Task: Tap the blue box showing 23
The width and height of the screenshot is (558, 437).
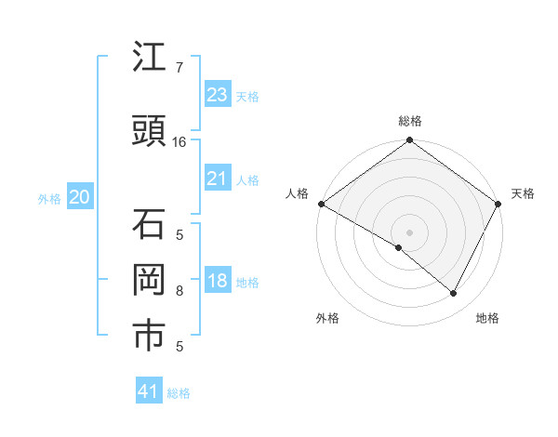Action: pyautogui.click(x=217, y=95)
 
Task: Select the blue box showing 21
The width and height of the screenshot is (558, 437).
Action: pyautogui.click(x=217, y=179)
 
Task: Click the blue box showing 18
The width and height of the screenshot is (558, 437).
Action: pyautogui.click(x=217, y=282)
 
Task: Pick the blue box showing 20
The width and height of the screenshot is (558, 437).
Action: pyautogui.click(x=80, y=197)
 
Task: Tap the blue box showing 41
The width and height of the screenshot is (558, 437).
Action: pyautogui.click(x=149, y=391)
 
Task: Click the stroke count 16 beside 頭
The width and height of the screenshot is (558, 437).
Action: pyautogui.click(x=179, y=142)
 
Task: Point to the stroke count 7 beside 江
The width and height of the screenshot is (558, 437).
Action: pyautogui.click(x=179, y=68)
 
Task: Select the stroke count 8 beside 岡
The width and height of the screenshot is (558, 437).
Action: pyautogui.click(x=179, y=291)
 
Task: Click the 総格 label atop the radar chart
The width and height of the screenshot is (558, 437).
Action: pyautogui.click(x=410, y=121)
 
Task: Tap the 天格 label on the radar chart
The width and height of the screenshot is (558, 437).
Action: pyautogui.click(x=523, y=193)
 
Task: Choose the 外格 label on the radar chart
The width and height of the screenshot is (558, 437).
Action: pyautogui.click(x=327, y=318)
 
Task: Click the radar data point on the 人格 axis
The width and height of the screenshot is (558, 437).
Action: pyautogui.click(x=321, y=204)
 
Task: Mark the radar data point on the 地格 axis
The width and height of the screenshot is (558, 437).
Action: pyautogui.click(x=454, y=294)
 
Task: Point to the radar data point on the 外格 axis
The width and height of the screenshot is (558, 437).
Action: pyautogui.click(x=399, y=247)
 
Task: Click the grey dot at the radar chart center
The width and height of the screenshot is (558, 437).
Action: pyautogui.click(x=410, y=232)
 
